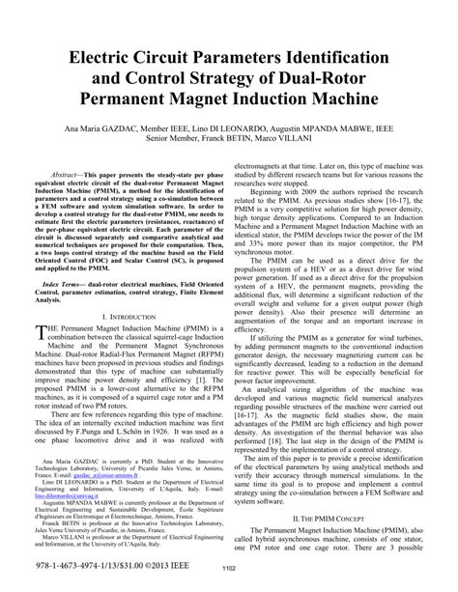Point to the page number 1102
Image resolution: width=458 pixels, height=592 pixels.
(x=229, y=570)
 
